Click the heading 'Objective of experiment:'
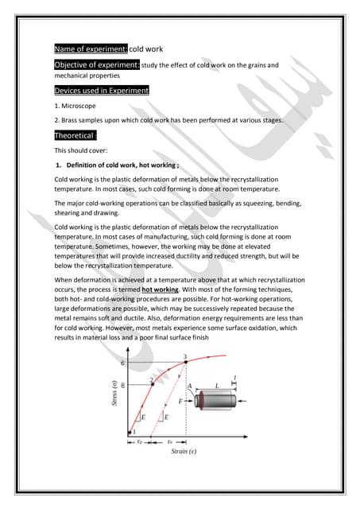click(x=96, y=64)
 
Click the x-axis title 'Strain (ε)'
click(x=184, y=451)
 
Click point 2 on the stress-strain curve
click(x=153, y=382)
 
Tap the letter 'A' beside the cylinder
click(x=189, y=386)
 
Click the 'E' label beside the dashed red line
click(x=166, y=416)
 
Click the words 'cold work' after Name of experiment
click(x=146, y=49)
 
